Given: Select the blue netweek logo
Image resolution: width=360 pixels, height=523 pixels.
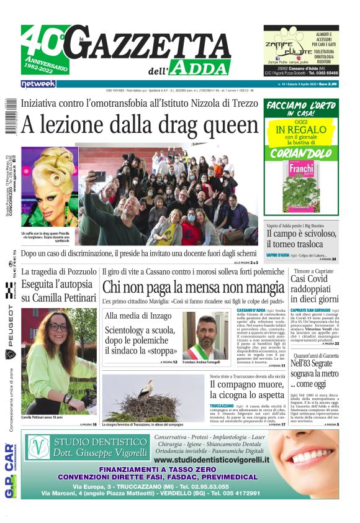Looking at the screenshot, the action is (38, 83).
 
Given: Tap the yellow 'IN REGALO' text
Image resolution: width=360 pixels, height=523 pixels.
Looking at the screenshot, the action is (301, 130).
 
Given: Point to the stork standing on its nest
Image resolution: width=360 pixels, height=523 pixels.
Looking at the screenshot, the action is (146, 396).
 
